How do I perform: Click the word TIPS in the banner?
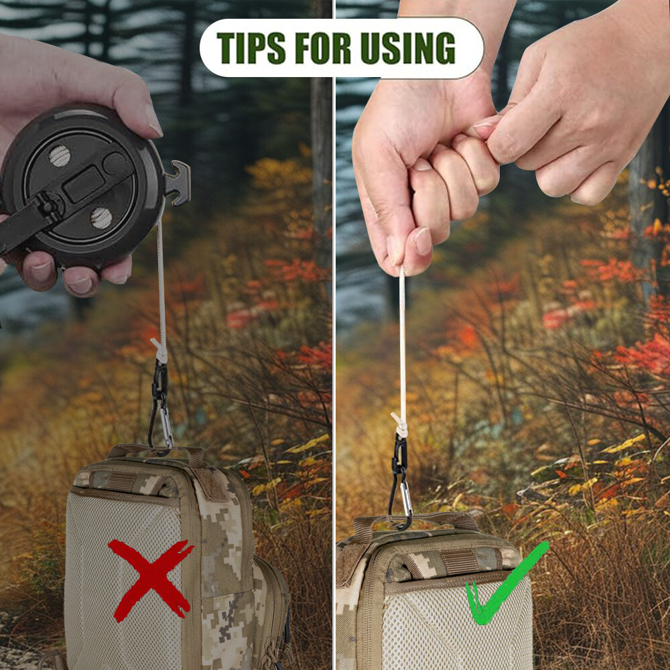click(251, 48)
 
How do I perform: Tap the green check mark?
click(505, 586)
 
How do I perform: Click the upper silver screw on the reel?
click(60, 155)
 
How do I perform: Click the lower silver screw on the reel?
click(101, 218)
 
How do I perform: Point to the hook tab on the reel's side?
click(178, 183)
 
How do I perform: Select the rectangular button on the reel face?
click(84, 184)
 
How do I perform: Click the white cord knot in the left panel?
click(160, 350)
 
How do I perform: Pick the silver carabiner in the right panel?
click(405, 498)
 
